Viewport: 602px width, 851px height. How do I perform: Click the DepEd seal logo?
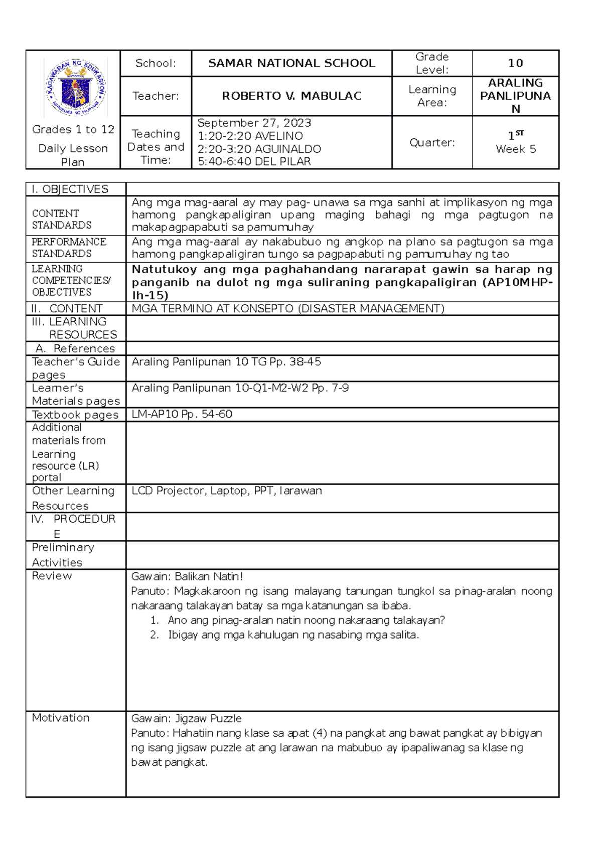(76, 87)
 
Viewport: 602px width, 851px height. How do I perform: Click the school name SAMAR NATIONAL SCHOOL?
(291, 63)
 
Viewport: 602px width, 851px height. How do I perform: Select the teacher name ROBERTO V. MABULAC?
(291, 96)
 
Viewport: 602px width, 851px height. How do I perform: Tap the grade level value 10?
(515, 63)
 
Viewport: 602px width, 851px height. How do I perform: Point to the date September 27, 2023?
(254, 123)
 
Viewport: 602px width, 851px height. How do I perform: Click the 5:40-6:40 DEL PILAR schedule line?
(254, 161)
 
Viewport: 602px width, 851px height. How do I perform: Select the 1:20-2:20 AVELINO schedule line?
(250, 136)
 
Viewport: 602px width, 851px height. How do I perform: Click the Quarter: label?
(432, 143)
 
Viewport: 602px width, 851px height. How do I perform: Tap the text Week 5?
(516, 149)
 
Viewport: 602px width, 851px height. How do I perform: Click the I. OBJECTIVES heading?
(70, 189)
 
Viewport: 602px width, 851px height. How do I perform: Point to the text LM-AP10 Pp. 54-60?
(182, 414)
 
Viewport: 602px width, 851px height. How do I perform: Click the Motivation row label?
(61, 718)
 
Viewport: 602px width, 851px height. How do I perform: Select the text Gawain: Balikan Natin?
(187, 576)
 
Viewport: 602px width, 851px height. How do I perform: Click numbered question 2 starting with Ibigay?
(293, 635)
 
